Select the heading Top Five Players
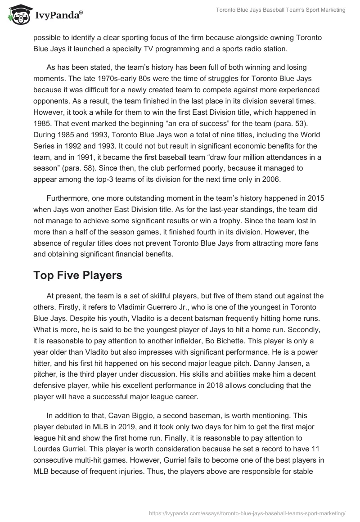point(78,275)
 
